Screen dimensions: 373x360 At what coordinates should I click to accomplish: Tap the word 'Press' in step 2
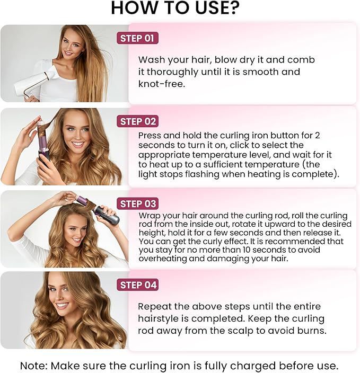click(150, 136)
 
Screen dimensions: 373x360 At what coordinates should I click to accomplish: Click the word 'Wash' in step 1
click(151, 60)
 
